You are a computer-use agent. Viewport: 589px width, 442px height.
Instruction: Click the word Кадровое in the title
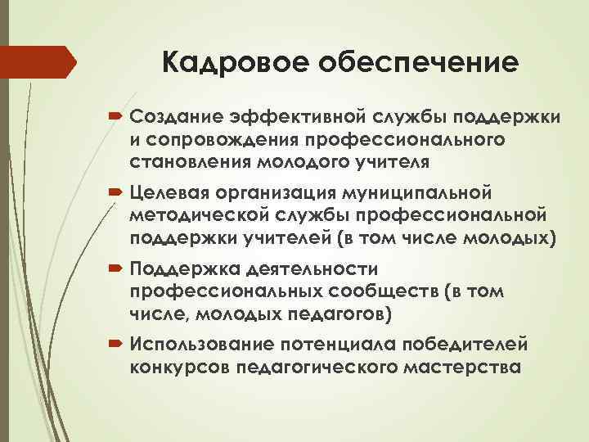click(x=233, y=62)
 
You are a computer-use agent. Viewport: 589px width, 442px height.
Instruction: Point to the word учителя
click(x=402, y=160)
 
